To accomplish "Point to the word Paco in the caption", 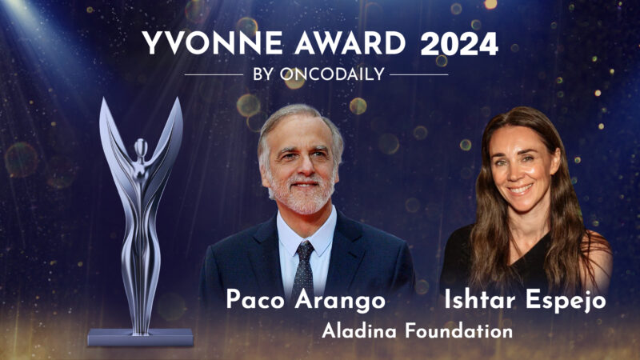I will click(x=258, y=301).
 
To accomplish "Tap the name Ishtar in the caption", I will click(x=478, y=301).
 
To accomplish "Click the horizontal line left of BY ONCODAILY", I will click(x=214, y=74).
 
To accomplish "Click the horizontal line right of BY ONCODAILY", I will click(x=418, y=74).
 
